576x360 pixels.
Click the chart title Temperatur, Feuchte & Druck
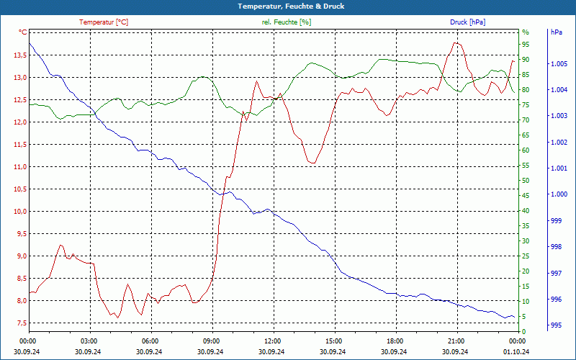point(288,6)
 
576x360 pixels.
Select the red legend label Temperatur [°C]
point(104,22)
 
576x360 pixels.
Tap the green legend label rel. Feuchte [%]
point(287,22)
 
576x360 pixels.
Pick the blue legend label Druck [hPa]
point(467,22)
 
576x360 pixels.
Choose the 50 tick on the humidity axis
point(526,181)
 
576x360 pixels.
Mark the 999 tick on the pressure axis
point(556,221)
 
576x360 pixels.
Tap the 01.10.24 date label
point(516,351)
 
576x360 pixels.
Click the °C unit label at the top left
point(23,32)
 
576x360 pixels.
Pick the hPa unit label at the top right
point(556,32)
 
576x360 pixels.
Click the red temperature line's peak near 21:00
point(455,43)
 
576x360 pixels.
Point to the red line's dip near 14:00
point(312,163)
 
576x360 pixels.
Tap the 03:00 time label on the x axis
point(89,341)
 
